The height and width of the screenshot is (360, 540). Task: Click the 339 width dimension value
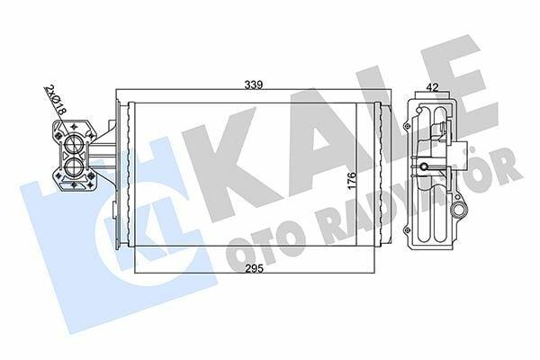(254, 85)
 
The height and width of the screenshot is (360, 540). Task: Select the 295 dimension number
(254, 268)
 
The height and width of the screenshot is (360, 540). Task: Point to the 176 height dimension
(351, 180)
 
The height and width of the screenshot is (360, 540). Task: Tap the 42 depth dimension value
(433, 87)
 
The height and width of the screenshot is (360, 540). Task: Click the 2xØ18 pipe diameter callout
(55, 100)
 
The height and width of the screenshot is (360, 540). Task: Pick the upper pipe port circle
(73, 144)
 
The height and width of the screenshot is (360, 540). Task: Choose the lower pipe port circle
(73, 167)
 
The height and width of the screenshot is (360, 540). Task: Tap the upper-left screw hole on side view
(408, 126)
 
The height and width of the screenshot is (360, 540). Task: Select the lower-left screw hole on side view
(408, 229)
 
